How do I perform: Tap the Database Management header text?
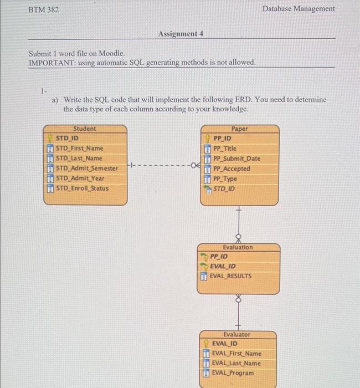[299, 9]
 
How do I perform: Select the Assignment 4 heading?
[181, 34]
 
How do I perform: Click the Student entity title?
[85, 129]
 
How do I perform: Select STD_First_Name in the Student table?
[79, 148]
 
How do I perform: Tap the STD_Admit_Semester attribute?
[86, 168]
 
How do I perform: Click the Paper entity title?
[239, 129]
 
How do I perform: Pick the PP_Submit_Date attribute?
[236, 159]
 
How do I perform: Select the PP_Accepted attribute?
[232, 169]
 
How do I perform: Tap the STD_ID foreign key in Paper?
[224, 189]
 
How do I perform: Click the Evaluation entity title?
[237, 247]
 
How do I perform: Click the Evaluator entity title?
[237, 335]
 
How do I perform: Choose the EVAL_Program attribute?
[233, 373]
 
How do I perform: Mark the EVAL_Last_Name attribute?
[236, 363]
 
